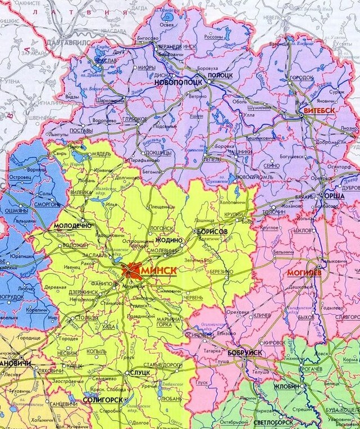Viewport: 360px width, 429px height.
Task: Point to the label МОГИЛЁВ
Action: [304, 274]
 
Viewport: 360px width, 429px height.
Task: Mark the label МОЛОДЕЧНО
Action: [72, 225]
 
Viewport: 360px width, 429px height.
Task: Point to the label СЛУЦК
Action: [139, 373]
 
